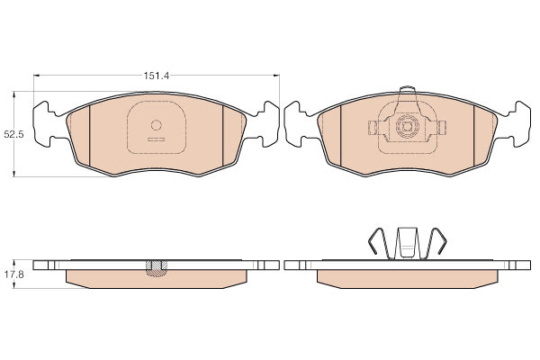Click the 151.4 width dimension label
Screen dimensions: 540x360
[x=157, y=76]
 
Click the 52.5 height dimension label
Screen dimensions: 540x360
[x=13, y=134]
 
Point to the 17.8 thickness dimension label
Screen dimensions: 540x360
[x=13, y=274]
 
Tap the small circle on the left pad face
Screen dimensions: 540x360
[x=157, y=125]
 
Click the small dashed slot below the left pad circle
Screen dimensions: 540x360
[x=157, y=139]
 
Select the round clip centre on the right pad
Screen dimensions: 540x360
[x=407, y=126]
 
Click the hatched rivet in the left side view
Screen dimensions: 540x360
[x=157, y=268]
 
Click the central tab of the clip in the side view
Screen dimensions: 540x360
[x=408, y=242]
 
